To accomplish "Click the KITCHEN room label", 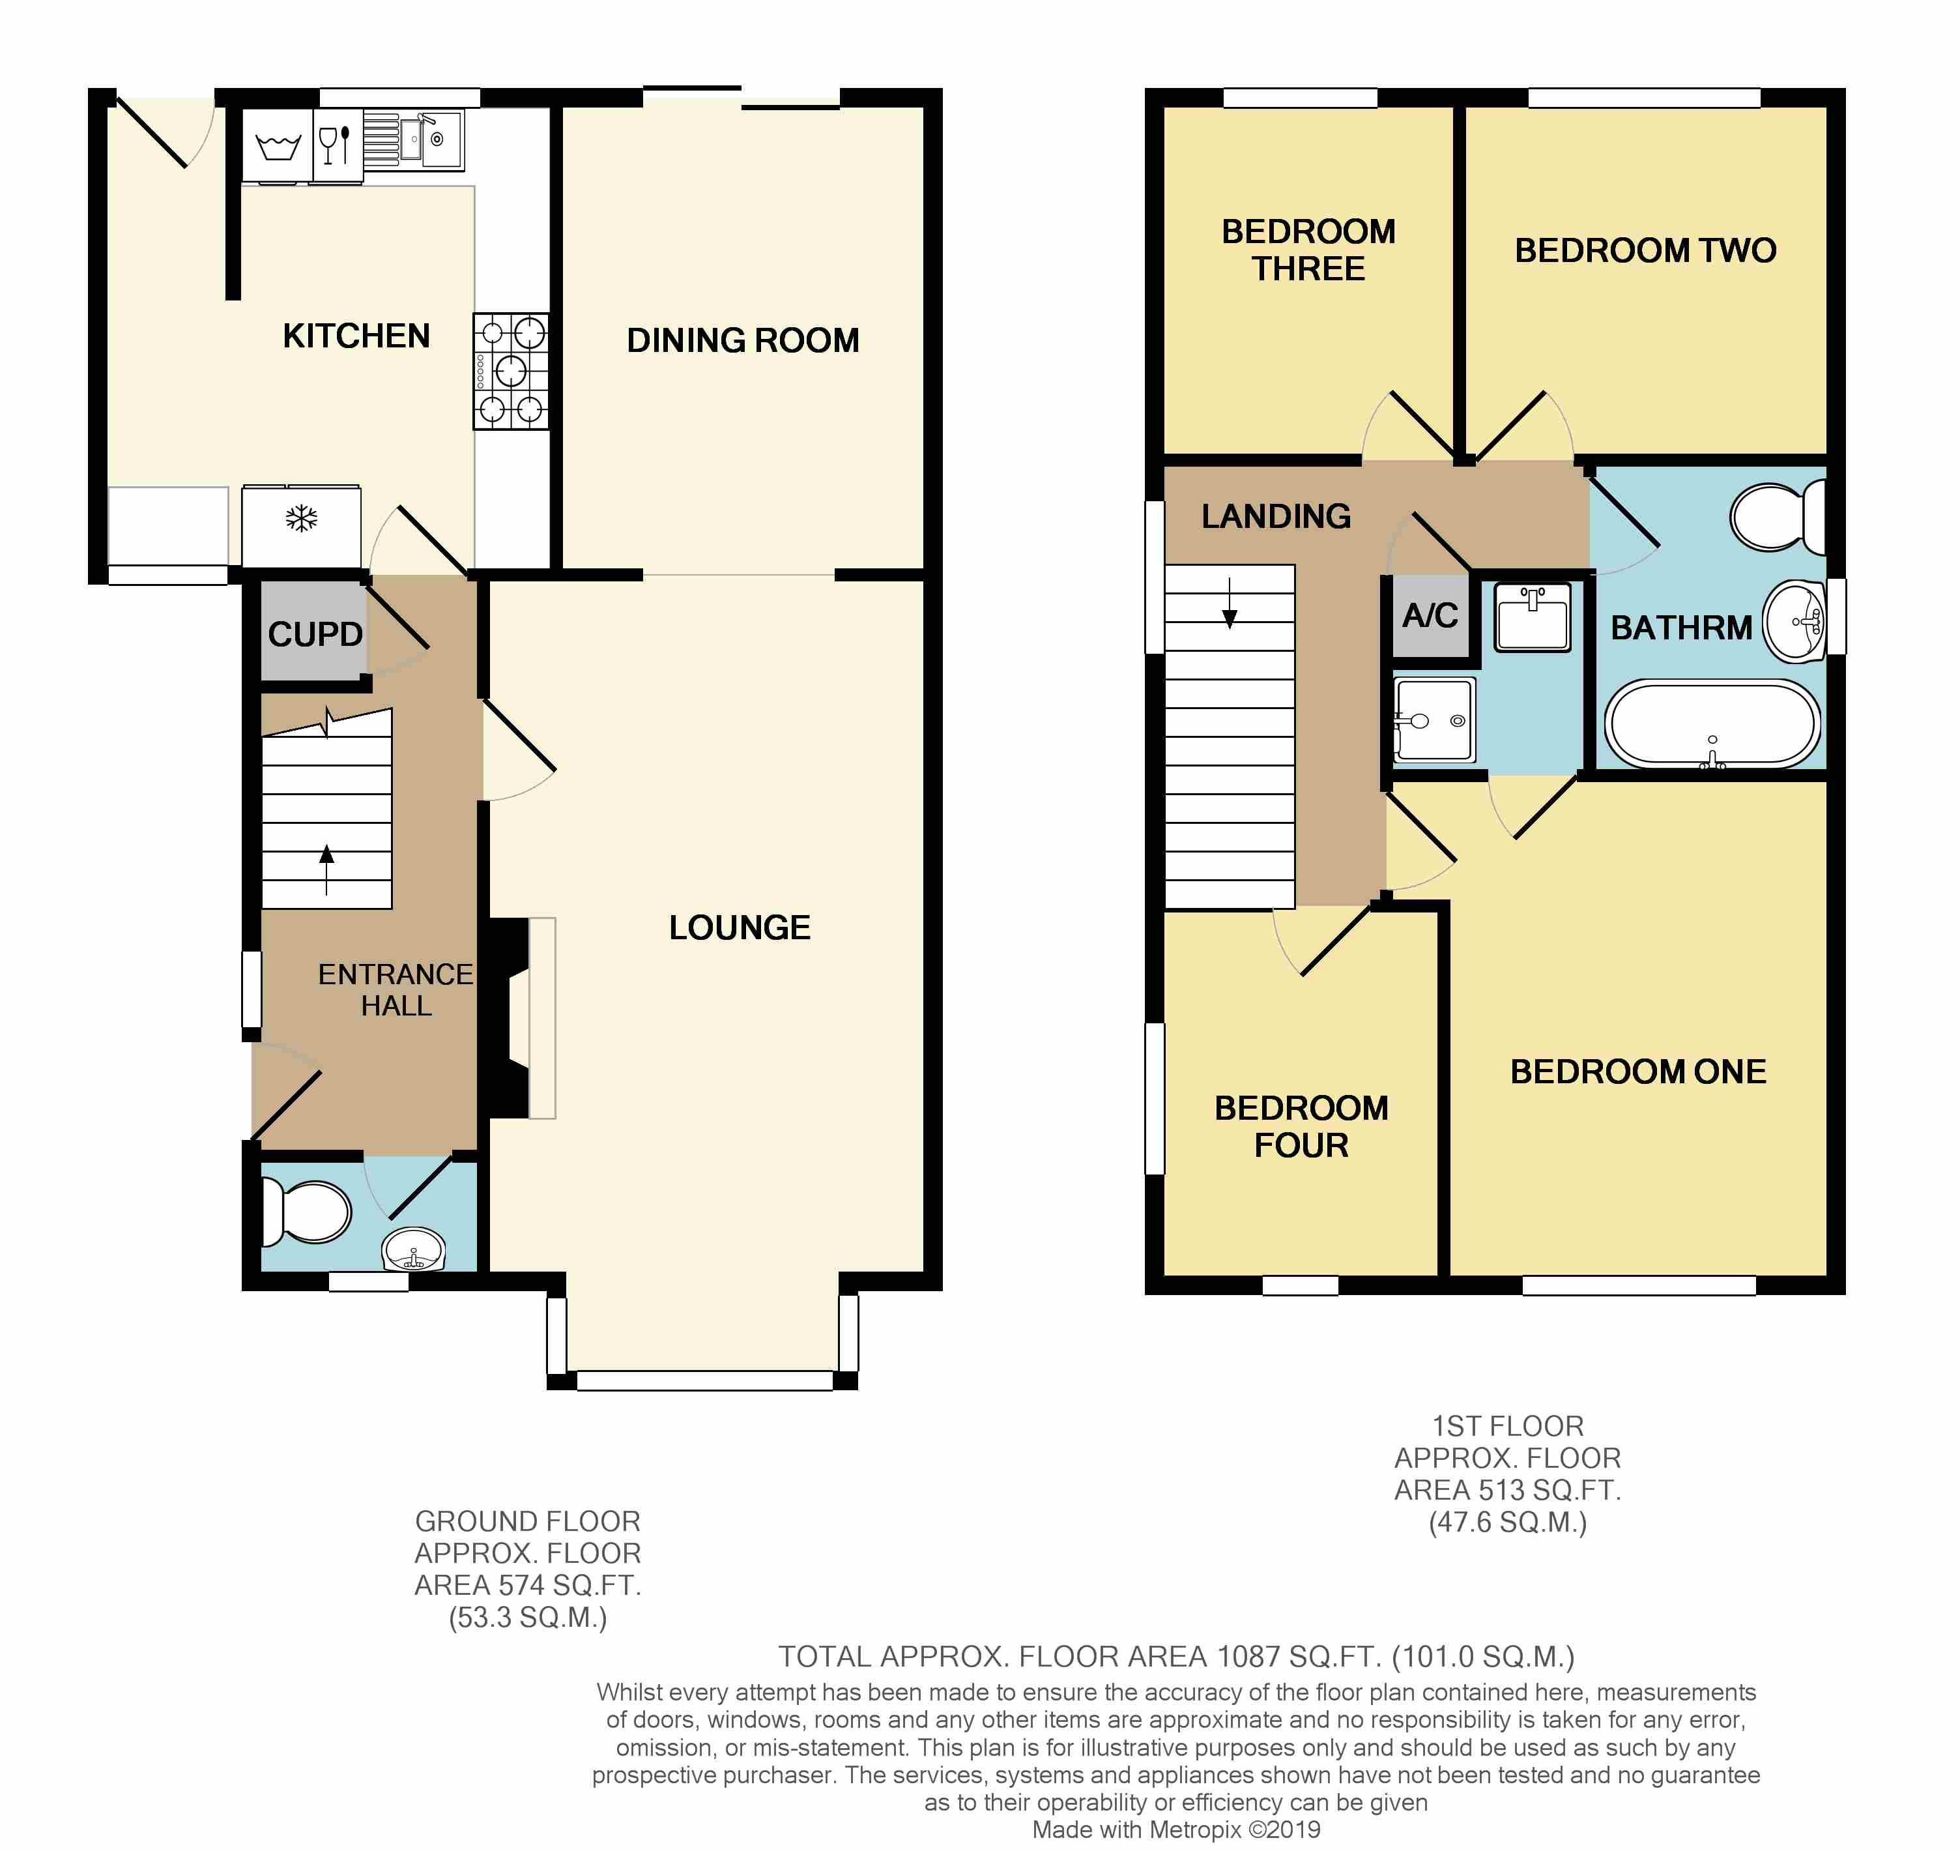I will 356,336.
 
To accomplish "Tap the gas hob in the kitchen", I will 510,372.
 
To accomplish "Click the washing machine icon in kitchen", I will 278,146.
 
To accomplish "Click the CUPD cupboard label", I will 315,634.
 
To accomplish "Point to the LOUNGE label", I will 740,927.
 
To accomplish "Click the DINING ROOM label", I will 743,341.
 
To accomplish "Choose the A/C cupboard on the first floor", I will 1430,615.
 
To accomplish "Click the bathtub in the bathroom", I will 1712,724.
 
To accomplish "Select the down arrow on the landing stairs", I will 1230,604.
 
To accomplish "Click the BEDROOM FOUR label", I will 1301,1126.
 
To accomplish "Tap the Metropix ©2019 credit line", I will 1175,1830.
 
